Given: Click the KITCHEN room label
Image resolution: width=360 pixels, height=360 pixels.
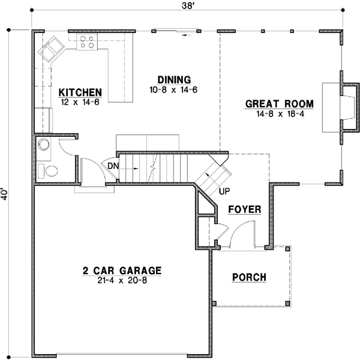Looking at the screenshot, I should [x=80, y=92].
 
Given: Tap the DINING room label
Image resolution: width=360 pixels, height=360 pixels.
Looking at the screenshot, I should [x=174, y=79].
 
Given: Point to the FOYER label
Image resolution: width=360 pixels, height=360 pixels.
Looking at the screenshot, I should [x=245, y=209].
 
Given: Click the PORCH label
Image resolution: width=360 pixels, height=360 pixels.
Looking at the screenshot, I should [x=249, y=277].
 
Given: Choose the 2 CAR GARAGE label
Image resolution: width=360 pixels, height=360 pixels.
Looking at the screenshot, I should [x=122, y=271].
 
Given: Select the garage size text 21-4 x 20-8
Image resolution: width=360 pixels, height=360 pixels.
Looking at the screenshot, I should [x=122, y=280].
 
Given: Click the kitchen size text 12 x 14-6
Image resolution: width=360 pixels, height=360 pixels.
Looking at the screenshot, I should [x=80, y=102].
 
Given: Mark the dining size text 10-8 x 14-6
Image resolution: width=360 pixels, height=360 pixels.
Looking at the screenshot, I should [x=174, y=89].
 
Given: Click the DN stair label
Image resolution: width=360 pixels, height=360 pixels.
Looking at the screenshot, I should [x=113, y=166].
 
